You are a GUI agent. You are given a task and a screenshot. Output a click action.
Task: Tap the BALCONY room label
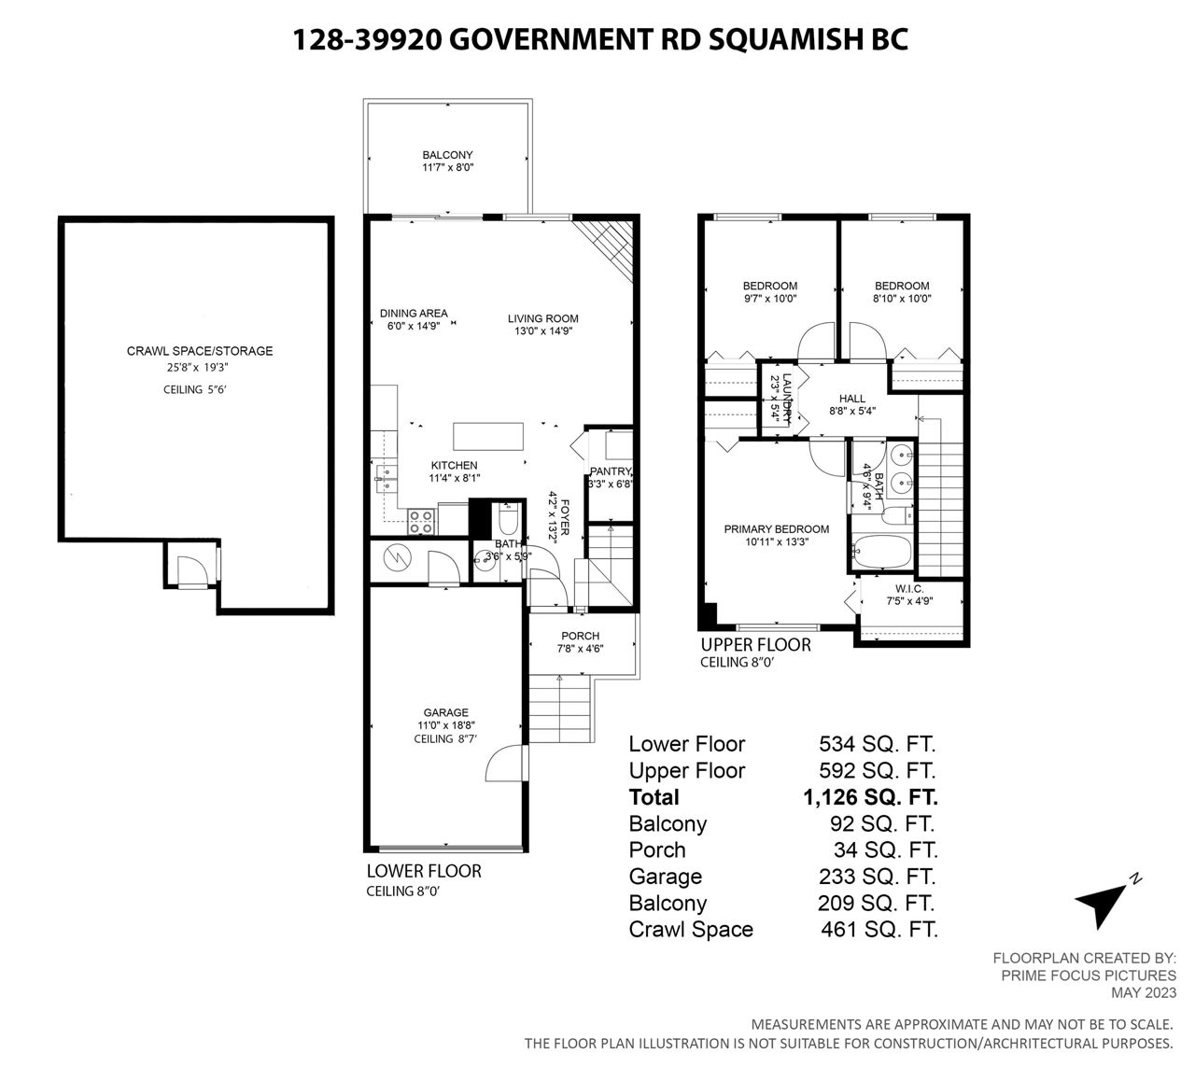click(x=447, y=155)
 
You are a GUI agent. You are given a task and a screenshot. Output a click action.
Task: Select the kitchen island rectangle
click(x=487, y=436)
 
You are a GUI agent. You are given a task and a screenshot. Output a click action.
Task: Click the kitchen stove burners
click(x=421, y=522)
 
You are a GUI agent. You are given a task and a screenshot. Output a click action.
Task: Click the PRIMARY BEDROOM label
click(x=776, y=529)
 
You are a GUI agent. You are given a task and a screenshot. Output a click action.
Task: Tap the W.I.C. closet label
click(x=909, y=589)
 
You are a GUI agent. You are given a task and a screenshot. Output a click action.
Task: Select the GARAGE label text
click(x=446, y=712)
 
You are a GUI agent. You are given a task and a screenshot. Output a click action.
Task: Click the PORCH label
click(x=580, y=636)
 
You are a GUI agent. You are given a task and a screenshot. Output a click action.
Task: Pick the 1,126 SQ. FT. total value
click(x=870, y=797)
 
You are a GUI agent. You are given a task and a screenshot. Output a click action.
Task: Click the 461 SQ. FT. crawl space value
click(x=879, y=930)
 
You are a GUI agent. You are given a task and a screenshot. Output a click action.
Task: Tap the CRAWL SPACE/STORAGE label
click(x=200, y=351)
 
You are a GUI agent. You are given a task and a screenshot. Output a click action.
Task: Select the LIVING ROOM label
click(x=542, y=318)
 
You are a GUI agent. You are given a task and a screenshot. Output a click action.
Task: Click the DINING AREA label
click(x=414, y=314)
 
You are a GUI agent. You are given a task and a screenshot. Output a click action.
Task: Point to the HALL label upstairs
click(x=851, y=399)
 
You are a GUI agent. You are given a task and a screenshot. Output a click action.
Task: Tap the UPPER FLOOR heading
click(x=755, y=645)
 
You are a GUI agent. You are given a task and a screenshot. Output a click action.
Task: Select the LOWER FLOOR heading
click(x=424, y=871)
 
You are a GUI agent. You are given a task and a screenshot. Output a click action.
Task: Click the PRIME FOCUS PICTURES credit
click(x=1089, y=976)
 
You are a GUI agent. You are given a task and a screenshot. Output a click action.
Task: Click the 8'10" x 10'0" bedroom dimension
click(x=902, y=299)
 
